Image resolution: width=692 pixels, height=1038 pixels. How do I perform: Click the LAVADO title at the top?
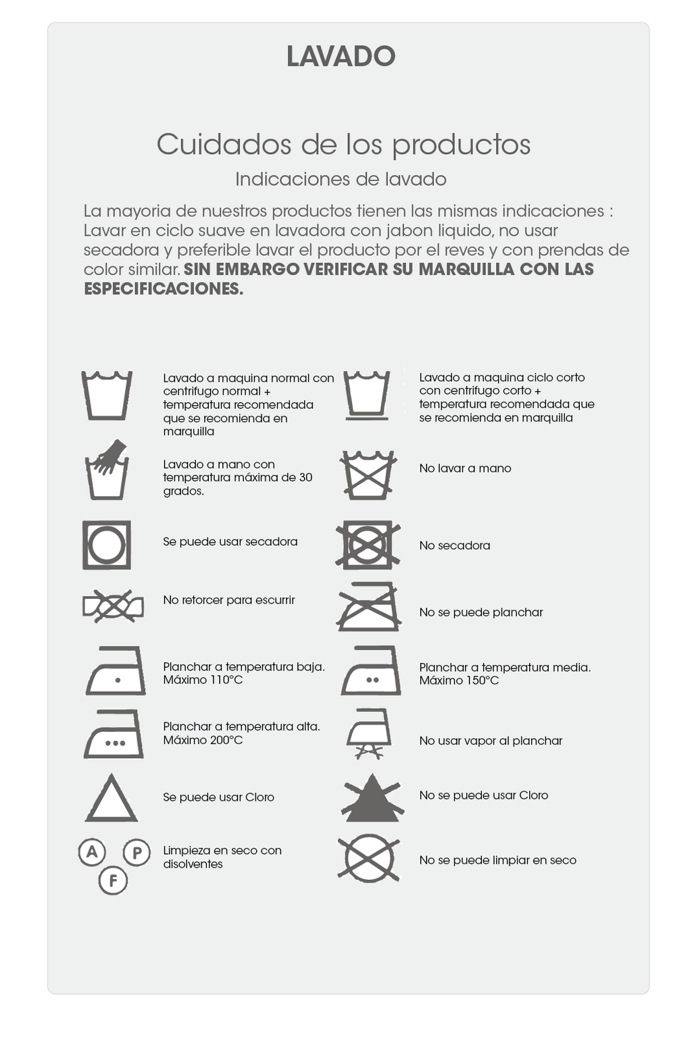coord(341,57)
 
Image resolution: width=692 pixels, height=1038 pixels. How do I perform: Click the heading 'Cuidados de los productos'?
coord(343,145)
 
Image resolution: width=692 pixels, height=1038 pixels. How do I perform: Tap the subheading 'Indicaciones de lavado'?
coord(341,179)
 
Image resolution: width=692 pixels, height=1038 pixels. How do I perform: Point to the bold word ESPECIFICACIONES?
coord(164,289)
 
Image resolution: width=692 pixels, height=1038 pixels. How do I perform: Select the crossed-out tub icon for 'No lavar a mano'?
coord(368,474)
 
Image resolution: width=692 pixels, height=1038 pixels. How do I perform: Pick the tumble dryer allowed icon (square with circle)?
coord(107,545)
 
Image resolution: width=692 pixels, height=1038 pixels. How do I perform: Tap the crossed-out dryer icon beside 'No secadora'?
coord(368,545)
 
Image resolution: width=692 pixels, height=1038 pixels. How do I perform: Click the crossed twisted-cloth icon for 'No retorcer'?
coord(113,606)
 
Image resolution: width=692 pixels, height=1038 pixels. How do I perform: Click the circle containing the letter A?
coord(92,851)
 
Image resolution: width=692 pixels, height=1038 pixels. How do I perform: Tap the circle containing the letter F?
coord(113,881)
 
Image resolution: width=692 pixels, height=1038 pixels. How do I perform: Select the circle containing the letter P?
coord(137,853)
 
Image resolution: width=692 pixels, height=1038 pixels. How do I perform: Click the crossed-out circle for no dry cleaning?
coord(368,859)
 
